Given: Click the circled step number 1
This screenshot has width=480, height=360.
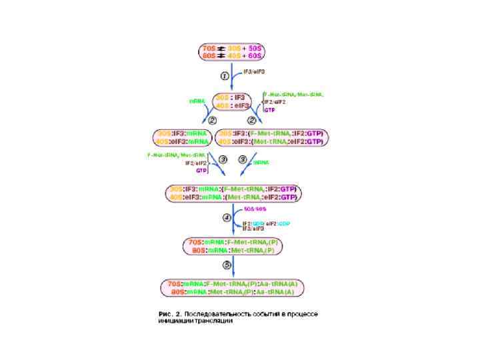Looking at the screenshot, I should click(x=225, y=77).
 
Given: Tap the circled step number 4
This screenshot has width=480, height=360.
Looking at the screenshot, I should click(x=227, y=217).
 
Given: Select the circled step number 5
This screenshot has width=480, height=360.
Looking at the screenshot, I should click(x=226, y=265).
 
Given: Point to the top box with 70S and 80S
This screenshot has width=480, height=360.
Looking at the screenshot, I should click(x=232, y=51).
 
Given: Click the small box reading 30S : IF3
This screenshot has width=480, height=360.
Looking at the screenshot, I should click(x=232, y=101).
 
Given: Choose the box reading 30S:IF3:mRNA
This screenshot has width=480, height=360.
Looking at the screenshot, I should click(x=182, y=137).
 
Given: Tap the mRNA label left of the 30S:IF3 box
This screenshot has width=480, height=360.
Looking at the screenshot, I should click(x=197, y=101).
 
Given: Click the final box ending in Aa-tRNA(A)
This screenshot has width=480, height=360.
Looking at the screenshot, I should click(x=232, y=287).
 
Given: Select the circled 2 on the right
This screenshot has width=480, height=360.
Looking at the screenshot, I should click(x=252, y=120).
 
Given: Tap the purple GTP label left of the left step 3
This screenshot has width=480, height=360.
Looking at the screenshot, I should click(x=200, y=170).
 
